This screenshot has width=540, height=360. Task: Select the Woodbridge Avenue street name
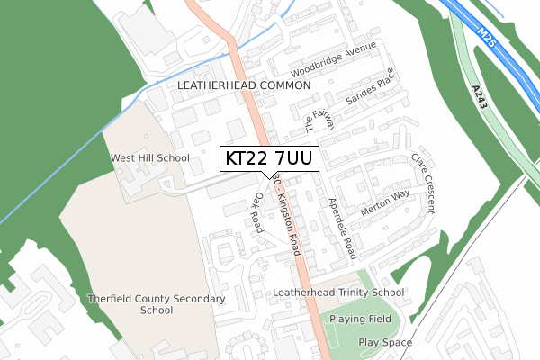point(332,59)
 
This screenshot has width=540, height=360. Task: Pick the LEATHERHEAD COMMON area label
point(244,85)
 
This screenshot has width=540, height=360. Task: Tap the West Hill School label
point(149,158)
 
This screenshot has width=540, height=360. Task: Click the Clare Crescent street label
point(422,183)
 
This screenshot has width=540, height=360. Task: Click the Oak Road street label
point(258,212)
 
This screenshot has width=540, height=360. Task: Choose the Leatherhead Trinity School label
point(337,292)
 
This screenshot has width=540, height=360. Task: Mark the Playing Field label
point(360,319)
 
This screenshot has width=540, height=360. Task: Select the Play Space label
point(385,343)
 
